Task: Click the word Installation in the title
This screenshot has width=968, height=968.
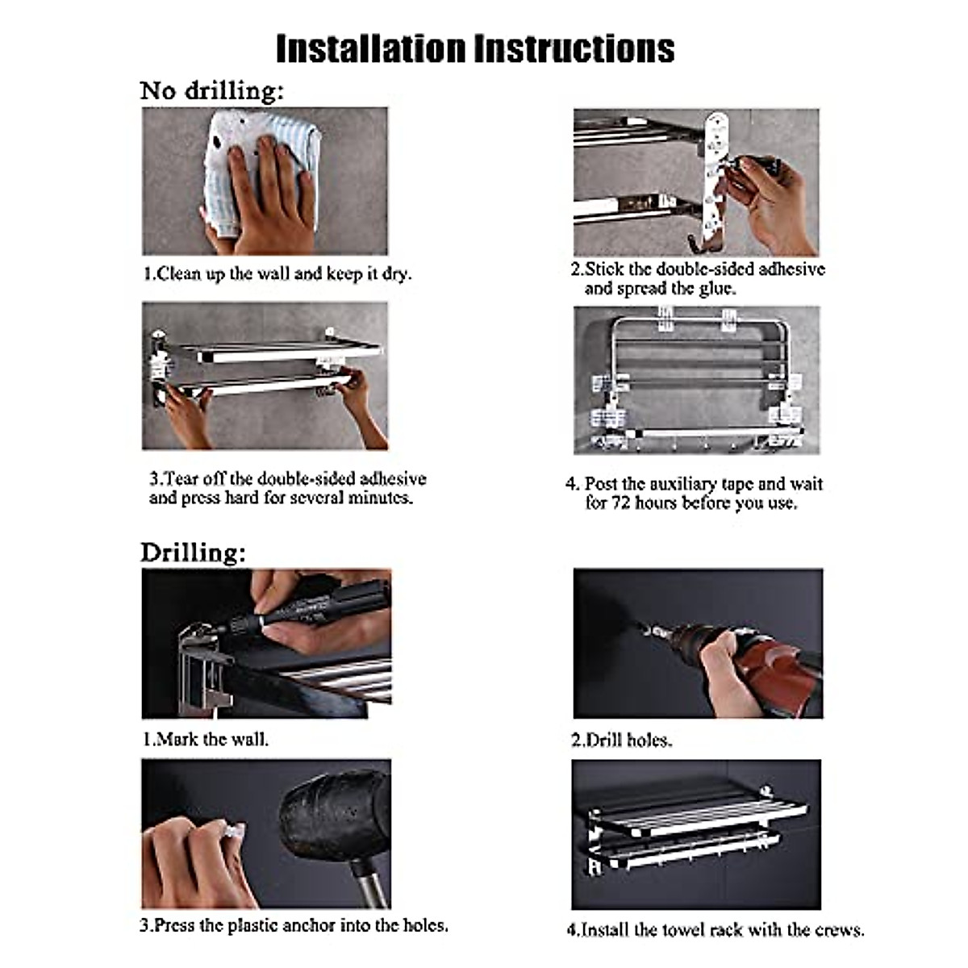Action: [x=371, y=49]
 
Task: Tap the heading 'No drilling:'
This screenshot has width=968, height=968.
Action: [x=212, y=91]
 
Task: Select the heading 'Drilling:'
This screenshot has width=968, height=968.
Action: [x=194, y=553]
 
